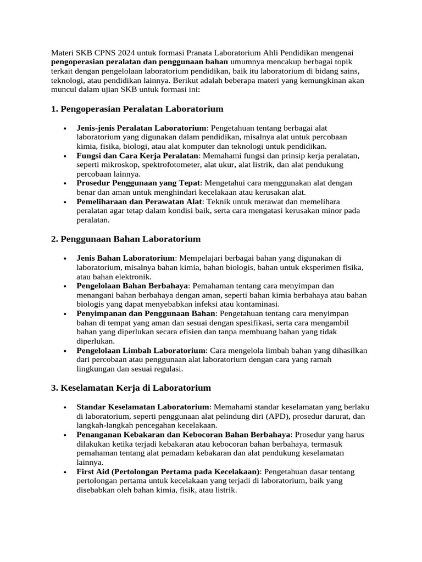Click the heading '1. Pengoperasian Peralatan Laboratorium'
pyautogui.click(x=137, y=109)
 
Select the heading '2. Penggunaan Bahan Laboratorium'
pyautogui.click(x=126, y=239)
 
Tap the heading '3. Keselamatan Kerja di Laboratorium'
pyautogui.click(x=131, y=387)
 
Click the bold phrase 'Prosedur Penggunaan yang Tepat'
pyautogui.click(x=138, y=183)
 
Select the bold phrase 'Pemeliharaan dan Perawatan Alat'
pyautogui.click(x=138, y=202)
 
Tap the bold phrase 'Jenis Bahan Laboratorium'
pyautogui.click(x=125, y=258)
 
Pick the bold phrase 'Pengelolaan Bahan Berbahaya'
pyautogui.click(x=132, y=286)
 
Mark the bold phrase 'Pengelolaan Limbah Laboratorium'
pyautogui.click(x=141, y=350)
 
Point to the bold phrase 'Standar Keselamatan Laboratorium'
pyautogui.click(x=143, y=407)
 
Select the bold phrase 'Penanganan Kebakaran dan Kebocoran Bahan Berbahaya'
pyautogui.click(x=183, y=435)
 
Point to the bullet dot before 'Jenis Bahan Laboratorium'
pyautogui.click(x=65, y=258)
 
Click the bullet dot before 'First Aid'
pyautogui.click(x=65, y=472)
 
